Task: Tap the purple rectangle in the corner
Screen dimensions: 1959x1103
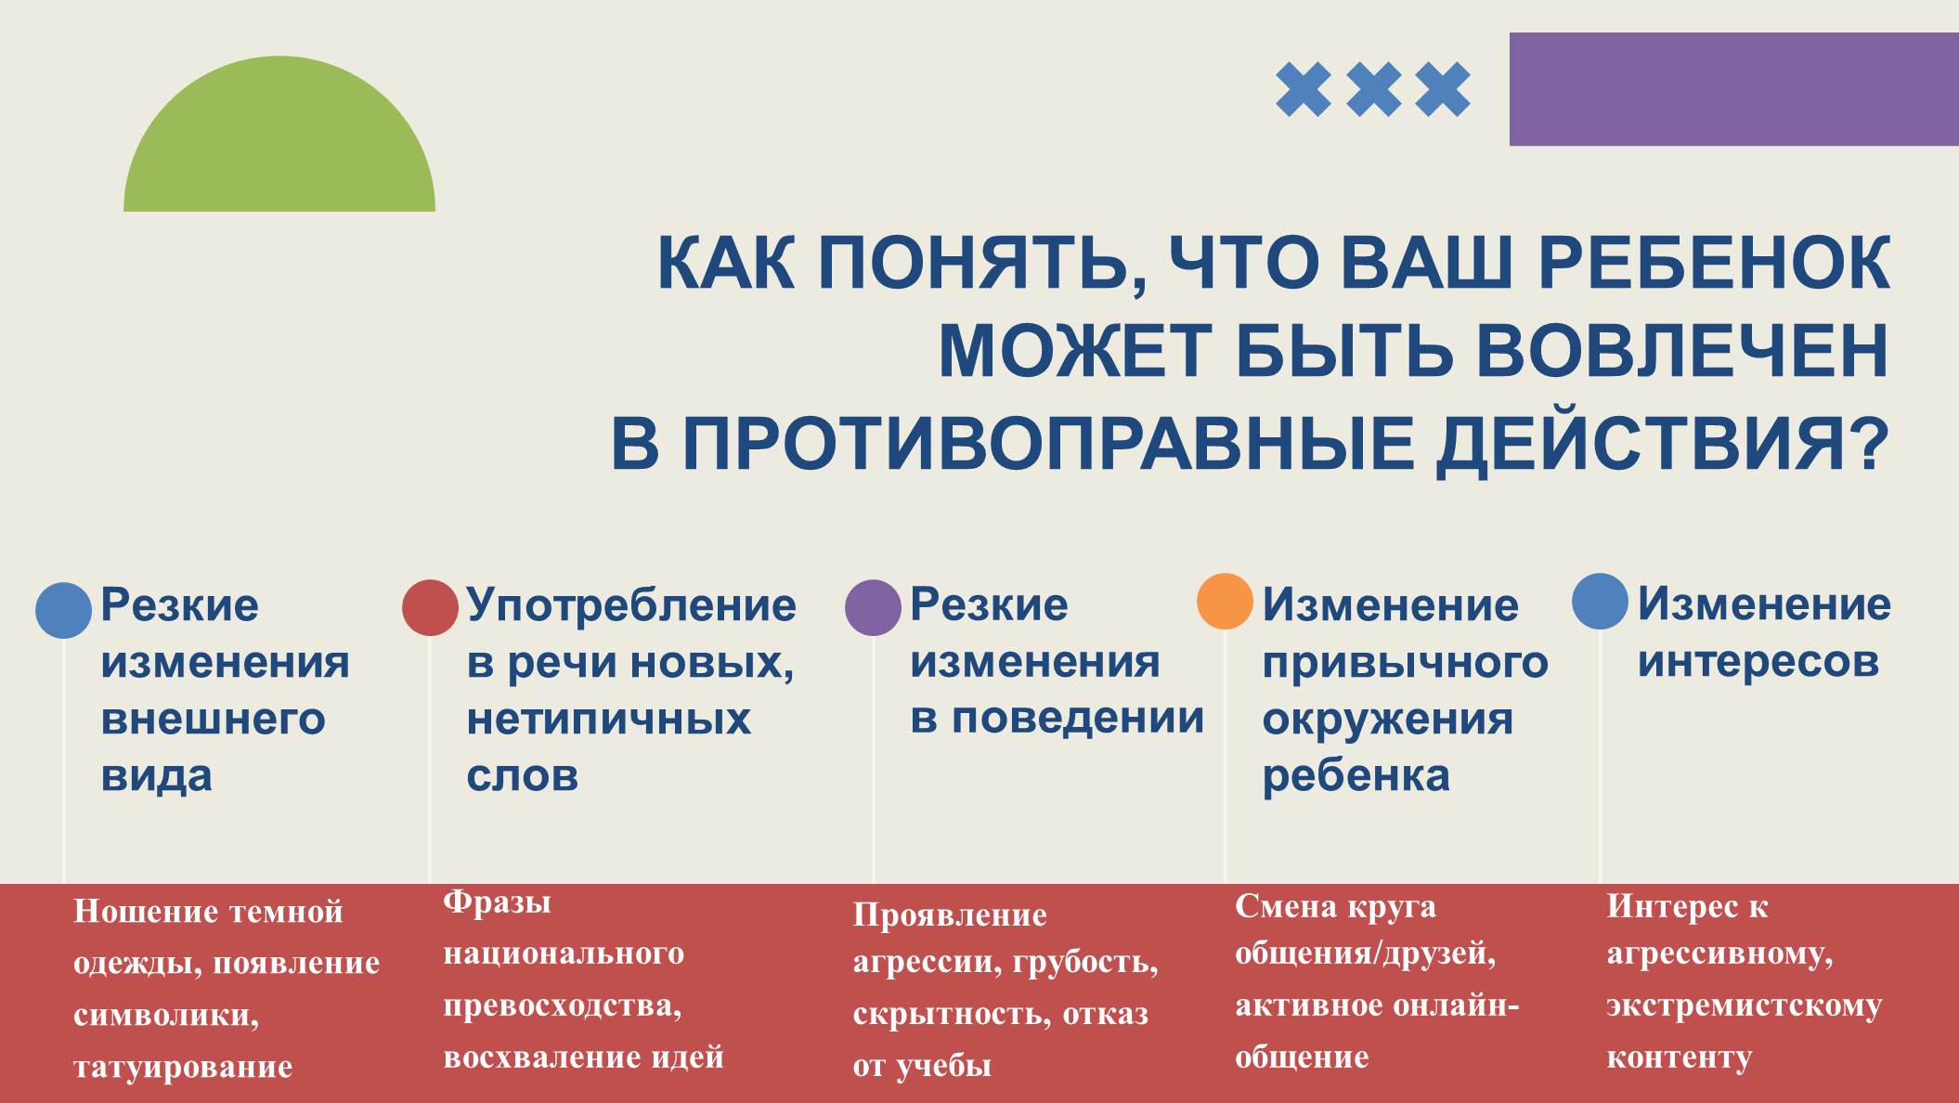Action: pyautogui.click(x=1734, y=89)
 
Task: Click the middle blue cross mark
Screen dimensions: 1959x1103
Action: pyautogui.click(x=1373, y=89)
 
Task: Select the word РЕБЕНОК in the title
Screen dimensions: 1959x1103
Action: pyautogui.click(x=1714, y=264)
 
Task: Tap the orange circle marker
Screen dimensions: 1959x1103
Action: pyautogui.click(x=1225, y=601)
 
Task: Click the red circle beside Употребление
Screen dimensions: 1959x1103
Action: pyautogui.click(x=430, y=608)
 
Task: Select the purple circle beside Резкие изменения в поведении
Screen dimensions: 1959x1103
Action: pyautogui.click(x=873, y=608)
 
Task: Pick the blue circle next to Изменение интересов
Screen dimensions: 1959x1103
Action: pyautogui.click(x=1600, y=601)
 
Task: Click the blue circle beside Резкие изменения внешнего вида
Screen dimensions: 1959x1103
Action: pyautogui.click(x=63, y=610)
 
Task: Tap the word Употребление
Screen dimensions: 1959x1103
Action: pyautogui.click(x=631, y=606)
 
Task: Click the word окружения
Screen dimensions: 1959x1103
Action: pyautogui.click(x=1388, y=720)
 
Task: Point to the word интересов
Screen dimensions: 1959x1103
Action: pyautogui.click(x=1758, y=662)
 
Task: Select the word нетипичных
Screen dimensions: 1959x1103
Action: pyautogui.click(x=609, y=720)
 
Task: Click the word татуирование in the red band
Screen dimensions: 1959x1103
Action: pyautogui.click(x=183, y=1068)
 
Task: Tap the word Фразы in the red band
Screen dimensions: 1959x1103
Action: pyautogui.click(x=497, y=902)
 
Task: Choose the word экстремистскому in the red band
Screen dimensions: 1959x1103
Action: pyautogui.click(x=1745, y=1006)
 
